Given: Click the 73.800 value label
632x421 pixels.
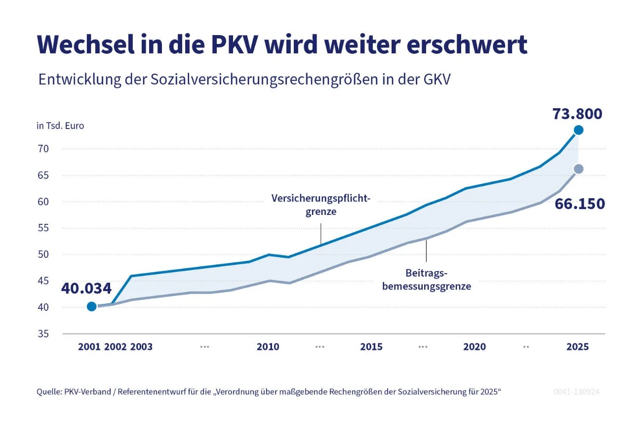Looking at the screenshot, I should (577, 114).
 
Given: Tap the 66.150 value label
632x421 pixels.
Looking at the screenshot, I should (579, 204).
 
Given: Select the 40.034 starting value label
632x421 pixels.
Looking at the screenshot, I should (86, 288).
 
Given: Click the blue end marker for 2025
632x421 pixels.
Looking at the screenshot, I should (578, 130).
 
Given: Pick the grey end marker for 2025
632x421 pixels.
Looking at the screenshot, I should (579, 169).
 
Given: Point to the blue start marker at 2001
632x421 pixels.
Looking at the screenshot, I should (91, 306).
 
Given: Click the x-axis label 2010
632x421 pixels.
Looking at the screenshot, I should (268, 347).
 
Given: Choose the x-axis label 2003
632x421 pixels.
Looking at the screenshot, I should (141, 347).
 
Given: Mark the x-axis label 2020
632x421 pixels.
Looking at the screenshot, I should (474, 347).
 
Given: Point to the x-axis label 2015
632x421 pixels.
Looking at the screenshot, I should (371, 347).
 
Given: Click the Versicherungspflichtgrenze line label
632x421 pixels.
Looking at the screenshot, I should (320, 205).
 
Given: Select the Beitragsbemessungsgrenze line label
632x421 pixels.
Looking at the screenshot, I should (426, 279).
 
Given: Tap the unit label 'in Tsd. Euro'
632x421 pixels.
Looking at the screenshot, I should (60, 126).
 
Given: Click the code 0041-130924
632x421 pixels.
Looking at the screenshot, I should (576, 392).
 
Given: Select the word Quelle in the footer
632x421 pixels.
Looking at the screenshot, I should (48, 392).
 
